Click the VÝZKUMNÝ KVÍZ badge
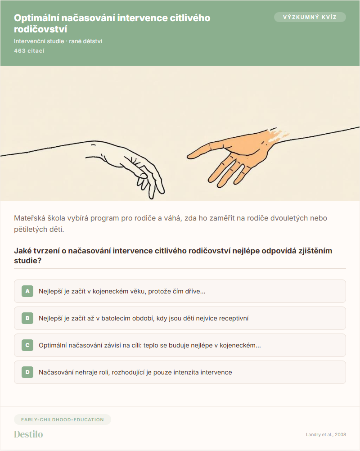[310, 17]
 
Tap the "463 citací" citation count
[29, 50]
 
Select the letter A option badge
[27, 291]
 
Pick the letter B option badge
[27, 318]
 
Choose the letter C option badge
[27, 345]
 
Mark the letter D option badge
[27, 372]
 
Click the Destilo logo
[28, 434]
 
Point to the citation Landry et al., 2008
[326, 434]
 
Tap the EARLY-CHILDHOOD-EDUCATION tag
[63, 419]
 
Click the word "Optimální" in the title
[36, 18]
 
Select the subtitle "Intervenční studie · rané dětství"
[58, 41]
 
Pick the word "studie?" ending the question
[27, 261]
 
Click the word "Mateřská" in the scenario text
[30, 218]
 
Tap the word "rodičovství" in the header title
[40, 29]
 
